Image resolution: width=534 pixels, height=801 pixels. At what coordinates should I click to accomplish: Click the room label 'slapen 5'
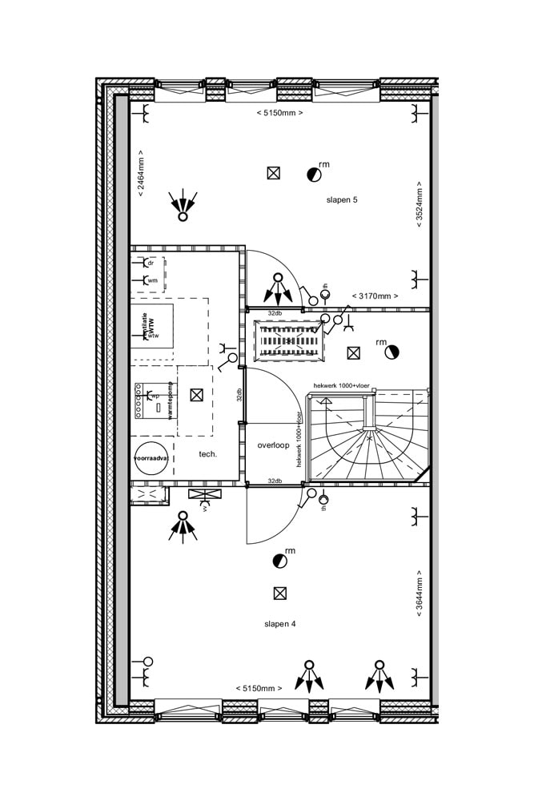pos(341,199)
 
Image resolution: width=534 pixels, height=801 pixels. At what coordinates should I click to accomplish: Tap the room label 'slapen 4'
pos(280,623)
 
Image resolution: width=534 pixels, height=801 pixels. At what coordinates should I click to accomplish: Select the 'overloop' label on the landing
pos(273,445)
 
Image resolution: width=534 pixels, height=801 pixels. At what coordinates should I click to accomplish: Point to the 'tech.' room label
pos(208,454)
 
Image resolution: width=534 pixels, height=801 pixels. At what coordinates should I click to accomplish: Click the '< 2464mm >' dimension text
pos(141,174)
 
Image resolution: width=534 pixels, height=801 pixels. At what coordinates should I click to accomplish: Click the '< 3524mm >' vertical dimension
pos(419,206)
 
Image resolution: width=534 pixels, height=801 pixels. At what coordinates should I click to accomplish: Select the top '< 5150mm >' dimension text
pos(279,113)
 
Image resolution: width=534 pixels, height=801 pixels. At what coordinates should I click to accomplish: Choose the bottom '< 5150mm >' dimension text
pos(259,688)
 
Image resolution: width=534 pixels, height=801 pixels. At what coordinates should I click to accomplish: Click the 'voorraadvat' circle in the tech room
pos(151,459)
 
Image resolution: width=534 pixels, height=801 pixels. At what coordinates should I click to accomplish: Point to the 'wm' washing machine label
pos(152,280)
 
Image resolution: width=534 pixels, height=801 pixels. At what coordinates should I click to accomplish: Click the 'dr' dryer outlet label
pos(151,262)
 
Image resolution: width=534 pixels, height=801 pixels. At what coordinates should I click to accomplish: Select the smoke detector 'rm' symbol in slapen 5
pos(312,173)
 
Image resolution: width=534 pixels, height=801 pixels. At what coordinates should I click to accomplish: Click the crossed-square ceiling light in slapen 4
pos(279,594)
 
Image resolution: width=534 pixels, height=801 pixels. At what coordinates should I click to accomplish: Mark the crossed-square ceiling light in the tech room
pos(196,394)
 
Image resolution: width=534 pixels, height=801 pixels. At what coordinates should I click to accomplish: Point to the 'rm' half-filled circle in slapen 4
pos(279,561)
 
